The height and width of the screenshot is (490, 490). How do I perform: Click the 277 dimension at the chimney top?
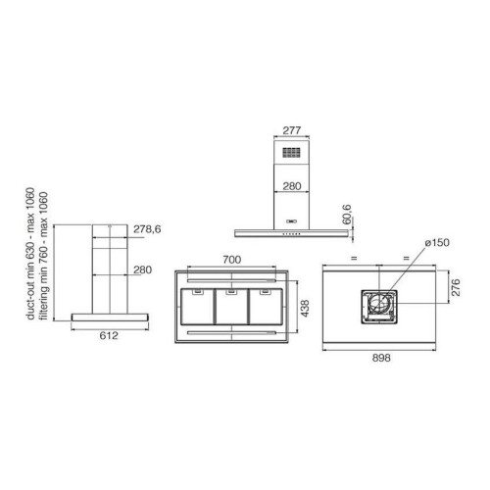tap(291, 130)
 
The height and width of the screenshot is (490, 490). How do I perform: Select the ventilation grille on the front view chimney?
tap(291, 153)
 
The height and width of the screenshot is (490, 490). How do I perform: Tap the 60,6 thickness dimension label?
tap(347, 215)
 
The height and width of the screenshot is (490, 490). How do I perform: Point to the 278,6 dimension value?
tap(147, 229)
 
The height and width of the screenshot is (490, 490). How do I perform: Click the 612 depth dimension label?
tap(109, 335)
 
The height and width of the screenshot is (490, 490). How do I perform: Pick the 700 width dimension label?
tap(232, 260)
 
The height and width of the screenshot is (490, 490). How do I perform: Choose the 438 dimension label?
tap(305, 309)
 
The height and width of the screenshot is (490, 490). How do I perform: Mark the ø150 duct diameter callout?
tap(437, 243)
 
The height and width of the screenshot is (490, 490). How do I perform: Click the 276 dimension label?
tap(456, 287)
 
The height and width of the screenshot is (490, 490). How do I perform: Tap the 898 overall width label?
tap(381, 358)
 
